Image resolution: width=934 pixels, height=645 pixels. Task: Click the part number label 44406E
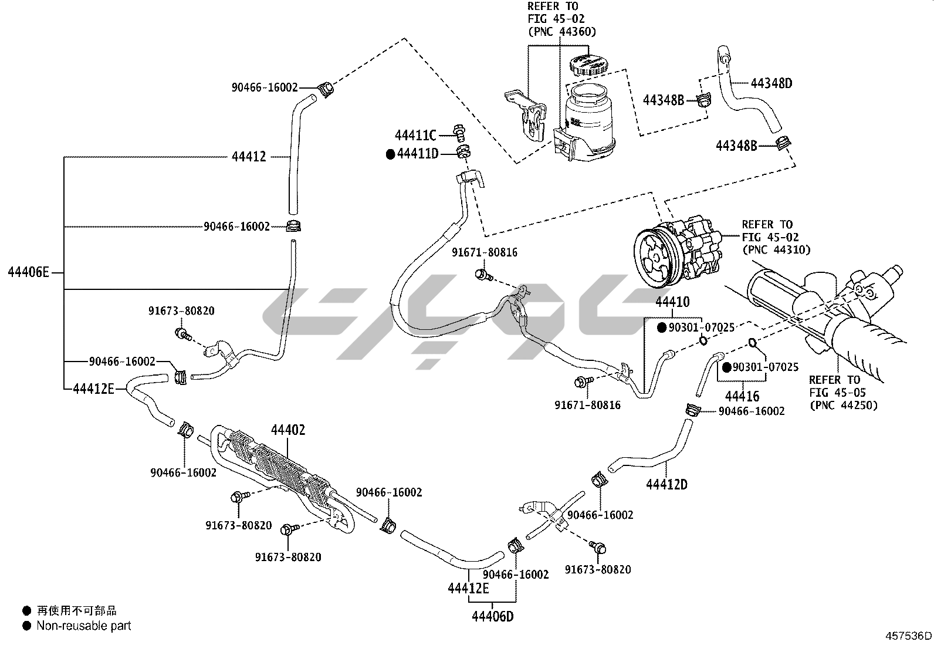[x=28, y=272]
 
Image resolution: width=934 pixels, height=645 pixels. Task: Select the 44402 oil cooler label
[x=288, y=430]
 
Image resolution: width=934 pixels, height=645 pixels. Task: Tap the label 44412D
[x=666, y=484]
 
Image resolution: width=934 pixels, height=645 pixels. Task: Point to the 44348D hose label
[x=771, y=83]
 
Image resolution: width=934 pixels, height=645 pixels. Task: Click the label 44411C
[x=415, y=136]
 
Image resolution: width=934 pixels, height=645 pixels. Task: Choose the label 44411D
[x=418, y=154]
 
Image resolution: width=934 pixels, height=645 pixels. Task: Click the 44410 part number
[x=672, y=302]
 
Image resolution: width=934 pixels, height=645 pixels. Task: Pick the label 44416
[x=742, y=396]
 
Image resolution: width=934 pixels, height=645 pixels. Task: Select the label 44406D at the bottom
[x=493, y=616]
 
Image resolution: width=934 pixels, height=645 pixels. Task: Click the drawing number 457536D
[x=908, y=636]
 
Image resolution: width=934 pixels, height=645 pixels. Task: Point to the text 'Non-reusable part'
[x=84, y=626]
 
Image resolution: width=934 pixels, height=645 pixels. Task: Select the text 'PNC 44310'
[x=776, y=249]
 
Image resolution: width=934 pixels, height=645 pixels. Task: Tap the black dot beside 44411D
[x=391, y=154]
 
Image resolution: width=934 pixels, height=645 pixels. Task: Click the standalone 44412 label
[x=249, y=157]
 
